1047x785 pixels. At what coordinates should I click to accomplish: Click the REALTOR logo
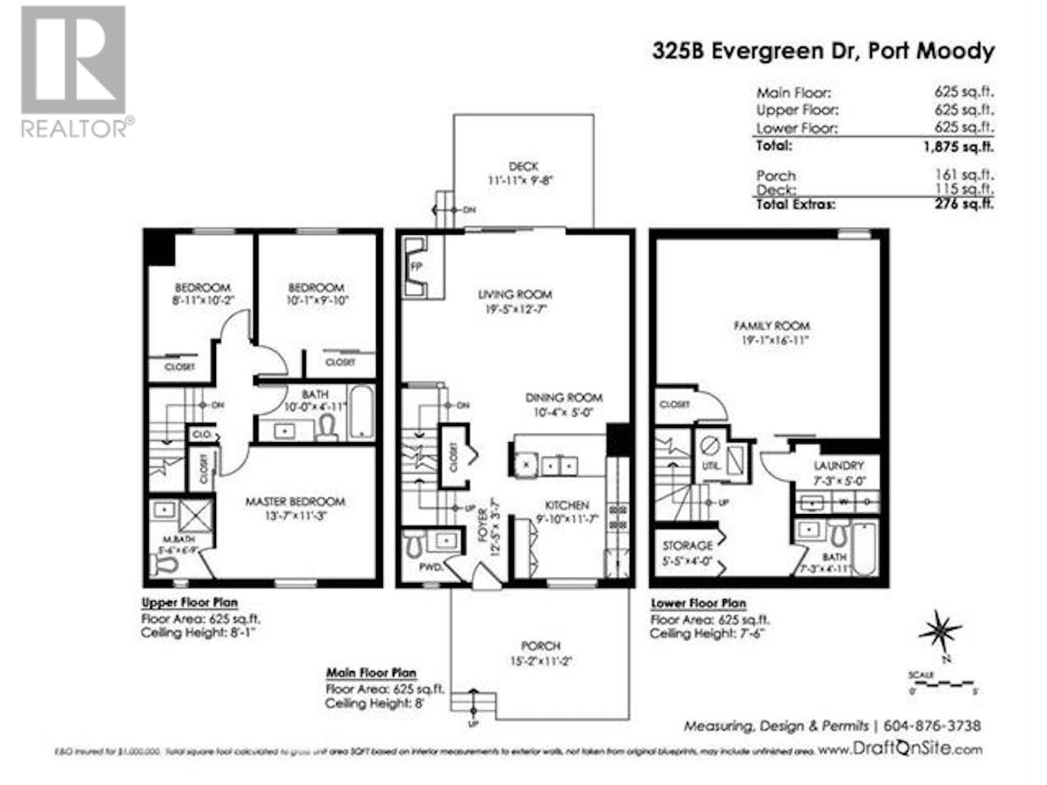[x=73, y=72]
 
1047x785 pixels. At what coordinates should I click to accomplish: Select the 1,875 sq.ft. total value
[x=958, y=147]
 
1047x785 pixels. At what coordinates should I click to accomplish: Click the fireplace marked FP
[x=416, y=266]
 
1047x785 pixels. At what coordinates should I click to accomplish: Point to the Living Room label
[x=515, y=295]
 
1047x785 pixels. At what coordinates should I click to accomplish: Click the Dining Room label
[x=563, y=398]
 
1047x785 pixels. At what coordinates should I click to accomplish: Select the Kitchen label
[x=567, y=505]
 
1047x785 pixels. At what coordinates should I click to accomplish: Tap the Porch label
[x=541, y=646]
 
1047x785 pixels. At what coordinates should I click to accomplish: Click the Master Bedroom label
[x=295, y=502]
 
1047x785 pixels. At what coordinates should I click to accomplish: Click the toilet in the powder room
[x=414, y=542]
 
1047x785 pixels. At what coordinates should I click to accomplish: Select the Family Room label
[x=772, y=326]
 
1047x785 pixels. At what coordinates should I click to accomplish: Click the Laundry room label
[x=838, y=466]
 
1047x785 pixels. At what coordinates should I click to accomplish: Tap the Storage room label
[x=687, y=546]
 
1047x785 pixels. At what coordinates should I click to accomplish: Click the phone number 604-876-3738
[x=932, y=725]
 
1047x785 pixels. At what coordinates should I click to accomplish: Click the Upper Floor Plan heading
[x=189, y=602]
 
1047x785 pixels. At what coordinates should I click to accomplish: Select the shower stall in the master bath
[x=196, y=517]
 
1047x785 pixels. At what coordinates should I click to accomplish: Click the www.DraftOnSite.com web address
[x=900, y=750]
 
